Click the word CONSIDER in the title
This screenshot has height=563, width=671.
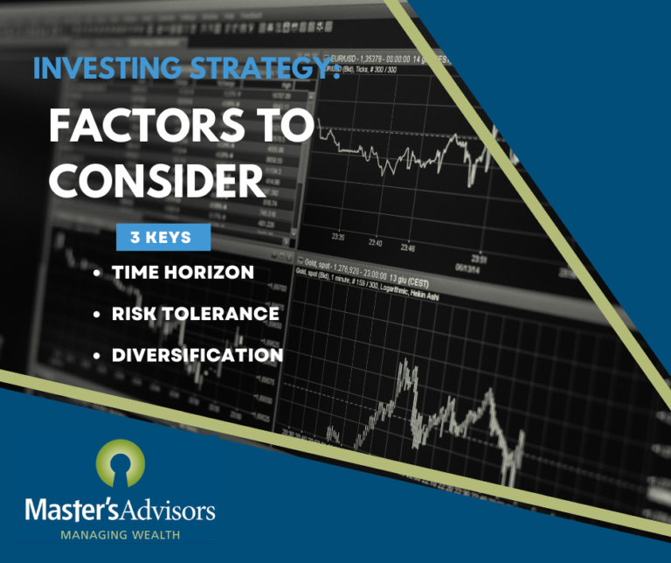pos(157,180)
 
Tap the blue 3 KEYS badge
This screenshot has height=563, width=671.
pos(164,237)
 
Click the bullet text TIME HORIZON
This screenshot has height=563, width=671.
pos(183,272)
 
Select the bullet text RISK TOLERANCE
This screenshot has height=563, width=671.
pos(196,313)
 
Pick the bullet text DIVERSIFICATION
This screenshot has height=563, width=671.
pos(197,355)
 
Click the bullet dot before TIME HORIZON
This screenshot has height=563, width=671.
pos(96,273)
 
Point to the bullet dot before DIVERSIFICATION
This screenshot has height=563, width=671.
pos(96,356)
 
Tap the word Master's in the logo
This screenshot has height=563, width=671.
pos(82,510)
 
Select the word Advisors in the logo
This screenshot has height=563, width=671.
pos(172,510)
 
